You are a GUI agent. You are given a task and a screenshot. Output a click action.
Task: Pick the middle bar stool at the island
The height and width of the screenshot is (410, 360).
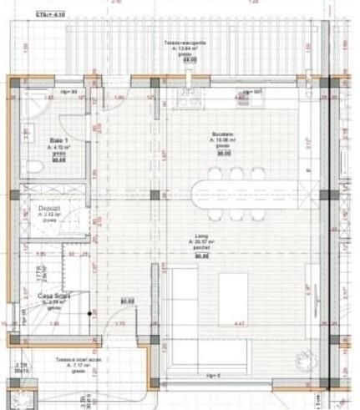point(236,174)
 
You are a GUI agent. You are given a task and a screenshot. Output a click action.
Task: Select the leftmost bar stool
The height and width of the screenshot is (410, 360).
point(215,174)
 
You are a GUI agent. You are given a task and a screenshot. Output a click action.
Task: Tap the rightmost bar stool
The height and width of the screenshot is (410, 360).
point(256,174)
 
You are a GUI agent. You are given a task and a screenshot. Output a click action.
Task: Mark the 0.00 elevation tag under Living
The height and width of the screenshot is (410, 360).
point(200,256)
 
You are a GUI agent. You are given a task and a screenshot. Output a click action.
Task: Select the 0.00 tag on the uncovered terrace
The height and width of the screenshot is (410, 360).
point(190,60)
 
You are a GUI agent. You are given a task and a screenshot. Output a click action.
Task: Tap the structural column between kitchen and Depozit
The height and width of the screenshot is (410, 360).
point(155,196)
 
